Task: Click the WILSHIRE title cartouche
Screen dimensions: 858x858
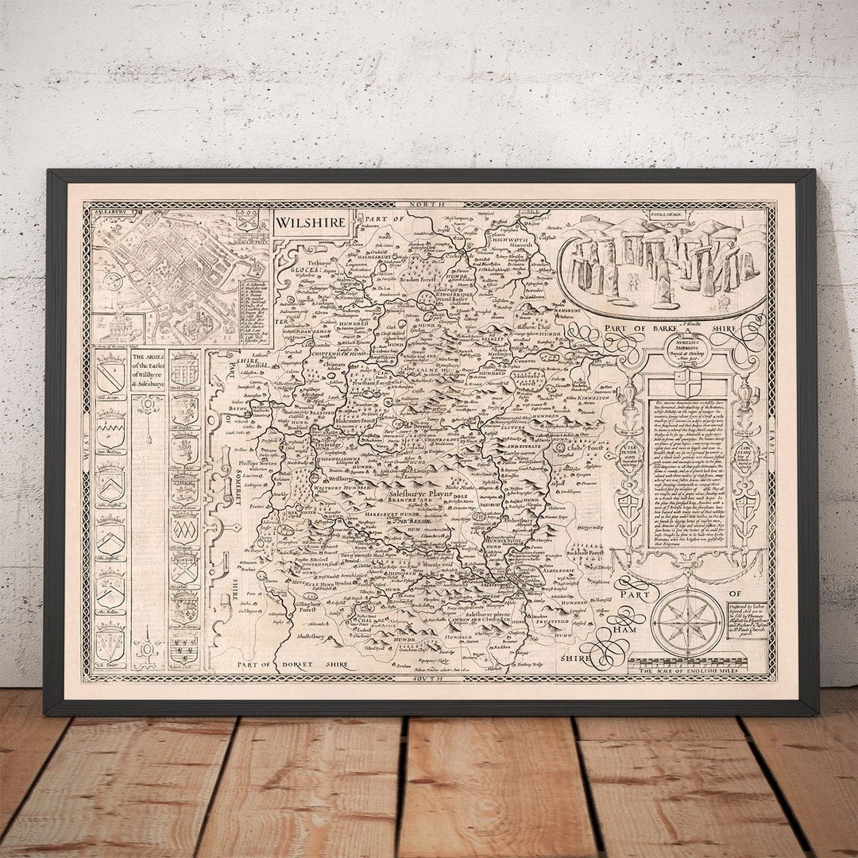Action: pyautogui.click(x=312, y=222)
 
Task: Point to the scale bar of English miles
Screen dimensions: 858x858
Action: pyautogui.click(x=688, y=666)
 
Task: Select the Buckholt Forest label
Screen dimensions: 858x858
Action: pyautogui.click(x=587, y=551)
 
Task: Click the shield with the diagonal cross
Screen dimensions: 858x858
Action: pyautogui.click(x=184, y=567)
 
